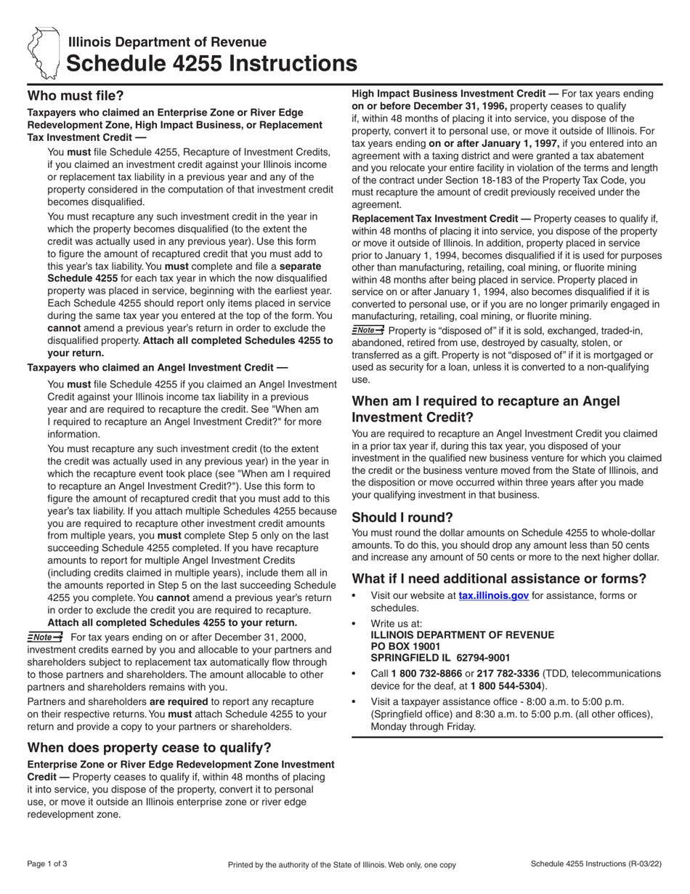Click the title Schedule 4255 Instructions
pyautogui.click(x=211, y=64)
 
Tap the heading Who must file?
pyautogui.click(x=76, y=95)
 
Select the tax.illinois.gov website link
pyautogui.click(x=493, y=595)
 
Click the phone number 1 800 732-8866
pyautogui.click(x=427, y=674)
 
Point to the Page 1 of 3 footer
pyautogui.click(x=47, y=864)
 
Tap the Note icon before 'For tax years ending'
pyautogui.click(x=45, y=637)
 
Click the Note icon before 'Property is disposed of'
pyautogui.click(x=368, y=330)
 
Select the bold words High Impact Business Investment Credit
pyautogui.click(x=449, y=94)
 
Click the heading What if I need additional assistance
pyautogui.click(x=499, y=579)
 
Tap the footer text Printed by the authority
pyautogui.click(x=342, y=865)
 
